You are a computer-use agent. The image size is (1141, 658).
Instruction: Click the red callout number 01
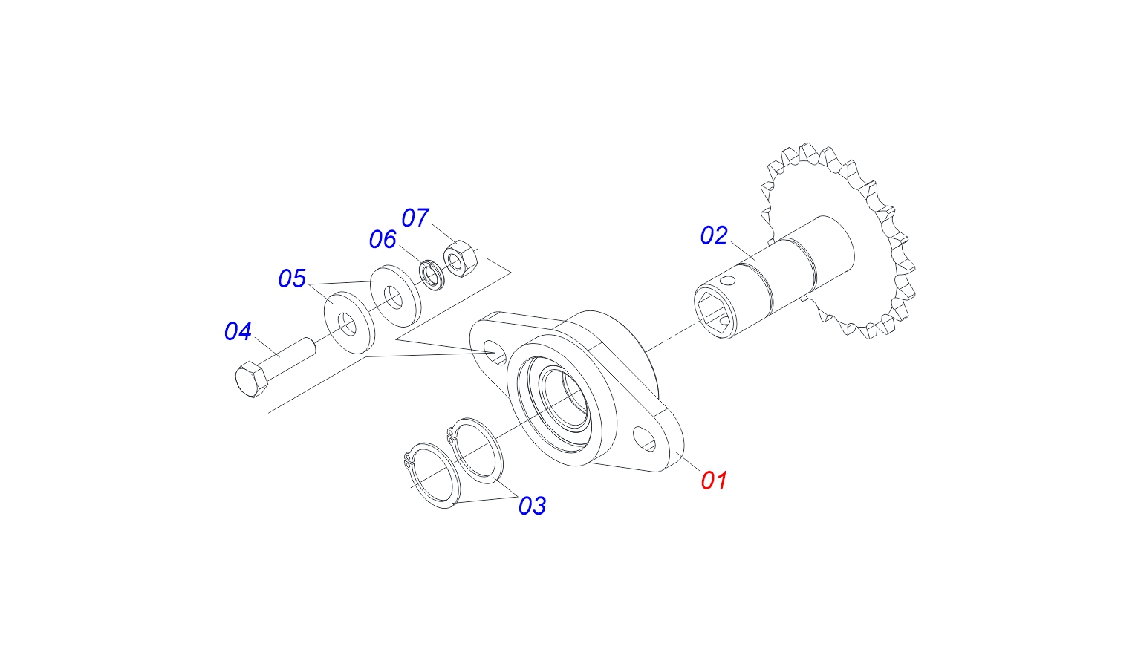coord(714,481)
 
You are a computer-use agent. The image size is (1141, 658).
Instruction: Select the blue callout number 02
coord(714,235)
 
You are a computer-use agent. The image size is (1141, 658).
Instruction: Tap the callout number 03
coord(532,506)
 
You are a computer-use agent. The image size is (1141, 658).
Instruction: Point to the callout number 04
coord(238,331)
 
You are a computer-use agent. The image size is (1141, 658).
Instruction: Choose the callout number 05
coord(292,278)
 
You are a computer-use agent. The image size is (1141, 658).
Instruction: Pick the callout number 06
coord(383,239)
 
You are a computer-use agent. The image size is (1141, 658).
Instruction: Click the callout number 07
coord(415,218)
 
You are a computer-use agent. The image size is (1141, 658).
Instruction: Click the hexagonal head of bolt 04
coord(250,380)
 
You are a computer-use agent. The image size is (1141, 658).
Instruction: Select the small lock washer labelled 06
coord(431,274)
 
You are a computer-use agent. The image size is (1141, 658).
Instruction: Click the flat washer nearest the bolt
coord(348,321)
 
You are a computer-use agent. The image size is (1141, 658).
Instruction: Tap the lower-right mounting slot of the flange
coord(644,438)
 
